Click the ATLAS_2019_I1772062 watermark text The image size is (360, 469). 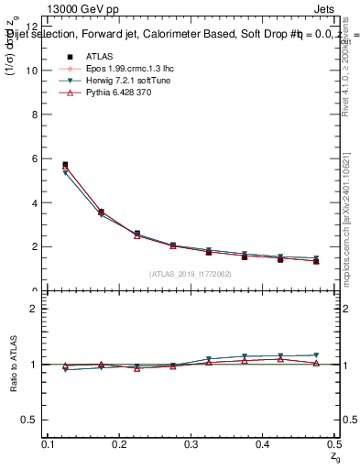tap(190, 273)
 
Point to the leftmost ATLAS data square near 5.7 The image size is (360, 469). tap(65, 165)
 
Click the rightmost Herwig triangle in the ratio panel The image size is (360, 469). tap(316, 354)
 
